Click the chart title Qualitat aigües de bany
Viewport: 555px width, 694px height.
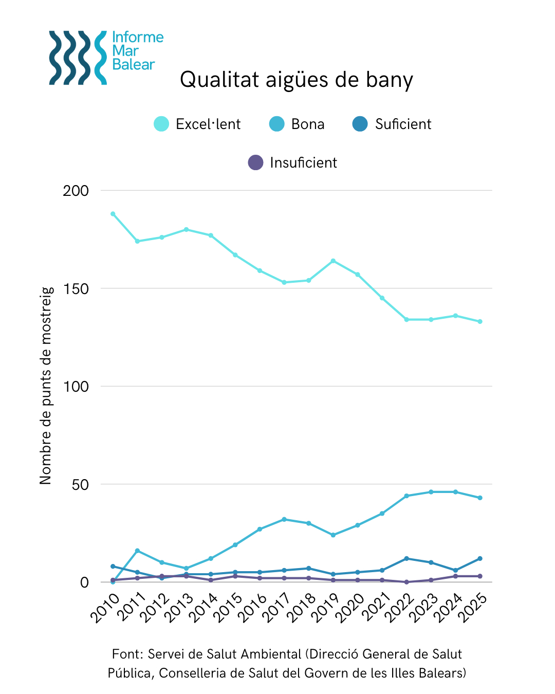pyautogui.click(x=297, y=80)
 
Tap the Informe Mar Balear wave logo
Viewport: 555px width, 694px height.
pyautogui.click(x=78, y=58)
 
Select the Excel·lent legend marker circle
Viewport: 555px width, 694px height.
pyautogui.click(x=161, y=124)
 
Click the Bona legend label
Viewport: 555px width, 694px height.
pyautogui.click(x=308, y=124)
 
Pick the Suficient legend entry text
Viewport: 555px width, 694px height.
pyautogui.click(x=403, y=124)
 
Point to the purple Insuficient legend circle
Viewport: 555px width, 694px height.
pyautogui.click(x=255, y=162)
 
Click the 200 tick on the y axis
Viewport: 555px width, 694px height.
pyautogui.click(x=76, y=191)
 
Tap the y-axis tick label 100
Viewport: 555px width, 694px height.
pyautogui.click(x=76, y=387)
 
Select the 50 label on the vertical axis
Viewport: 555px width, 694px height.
pyautogui.click(x=80, y=485)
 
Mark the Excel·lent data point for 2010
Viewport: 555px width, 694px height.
pyautogui.click(x=113, y=214)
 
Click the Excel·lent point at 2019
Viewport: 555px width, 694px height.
pyautogui.click(x=333, y=261)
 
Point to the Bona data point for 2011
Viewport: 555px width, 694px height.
pyautogui.click(x=137, y=551)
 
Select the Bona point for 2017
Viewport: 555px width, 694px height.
pyautogui.click(x=284, y=519)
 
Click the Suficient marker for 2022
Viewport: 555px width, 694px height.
pyautogui.click(x=406, y=558)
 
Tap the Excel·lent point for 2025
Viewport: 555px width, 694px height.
pyautogui.click(x=480, y=322)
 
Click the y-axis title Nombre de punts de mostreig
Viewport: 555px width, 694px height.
pyautogui.click(x=46, y=386)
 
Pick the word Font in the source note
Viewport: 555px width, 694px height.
pyautogui.click(x=126, y=654)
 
